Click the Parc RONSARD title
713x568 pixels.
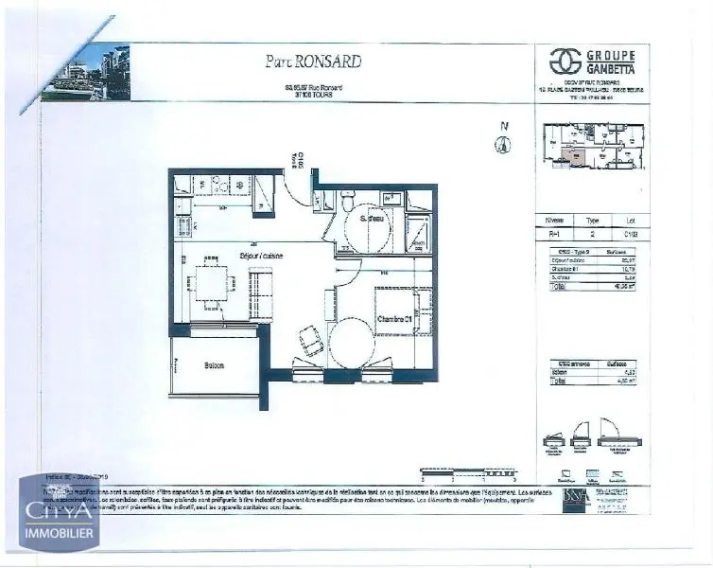(312, 62)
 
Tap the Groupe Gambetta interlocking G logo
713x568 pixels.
(565, 62)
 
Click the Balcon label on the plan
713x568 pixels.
(213, 366)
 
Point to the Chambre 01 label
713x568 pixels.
(396, 319)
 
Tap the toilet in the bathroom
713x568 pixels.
(348, 202)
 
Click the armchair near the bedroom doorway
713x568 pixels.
(309, 341)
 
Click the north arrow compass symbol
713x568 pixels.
(504, 143)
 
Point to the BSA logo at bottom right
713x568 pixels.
(574, 496)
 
